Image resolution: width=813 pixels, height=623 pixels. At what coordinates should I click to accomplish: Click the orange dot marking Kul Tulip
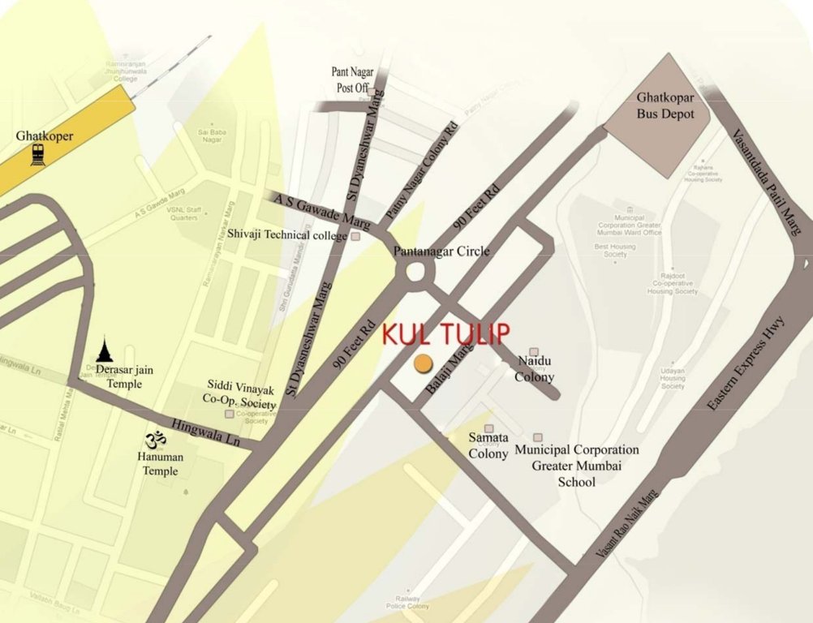(x=422, y=363)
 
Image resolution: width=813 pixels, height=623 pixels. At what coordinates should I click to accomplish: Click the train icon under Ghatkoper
(x=38, y=154)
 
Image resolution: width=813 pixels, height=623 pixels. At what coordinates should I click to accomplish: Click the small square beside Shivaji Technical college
(x=355, y=236)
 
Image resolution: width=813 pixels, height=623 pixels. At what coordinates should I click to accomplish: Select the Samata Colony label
(x=488, y=445)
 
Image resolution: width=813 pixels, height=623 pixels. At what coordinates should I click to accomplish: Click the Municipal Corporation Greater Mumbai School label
(x=576, y=466)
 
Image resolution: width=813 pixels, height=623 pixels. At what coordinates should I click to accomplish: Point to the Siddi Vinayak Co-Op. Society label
(x=239, y=394)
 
